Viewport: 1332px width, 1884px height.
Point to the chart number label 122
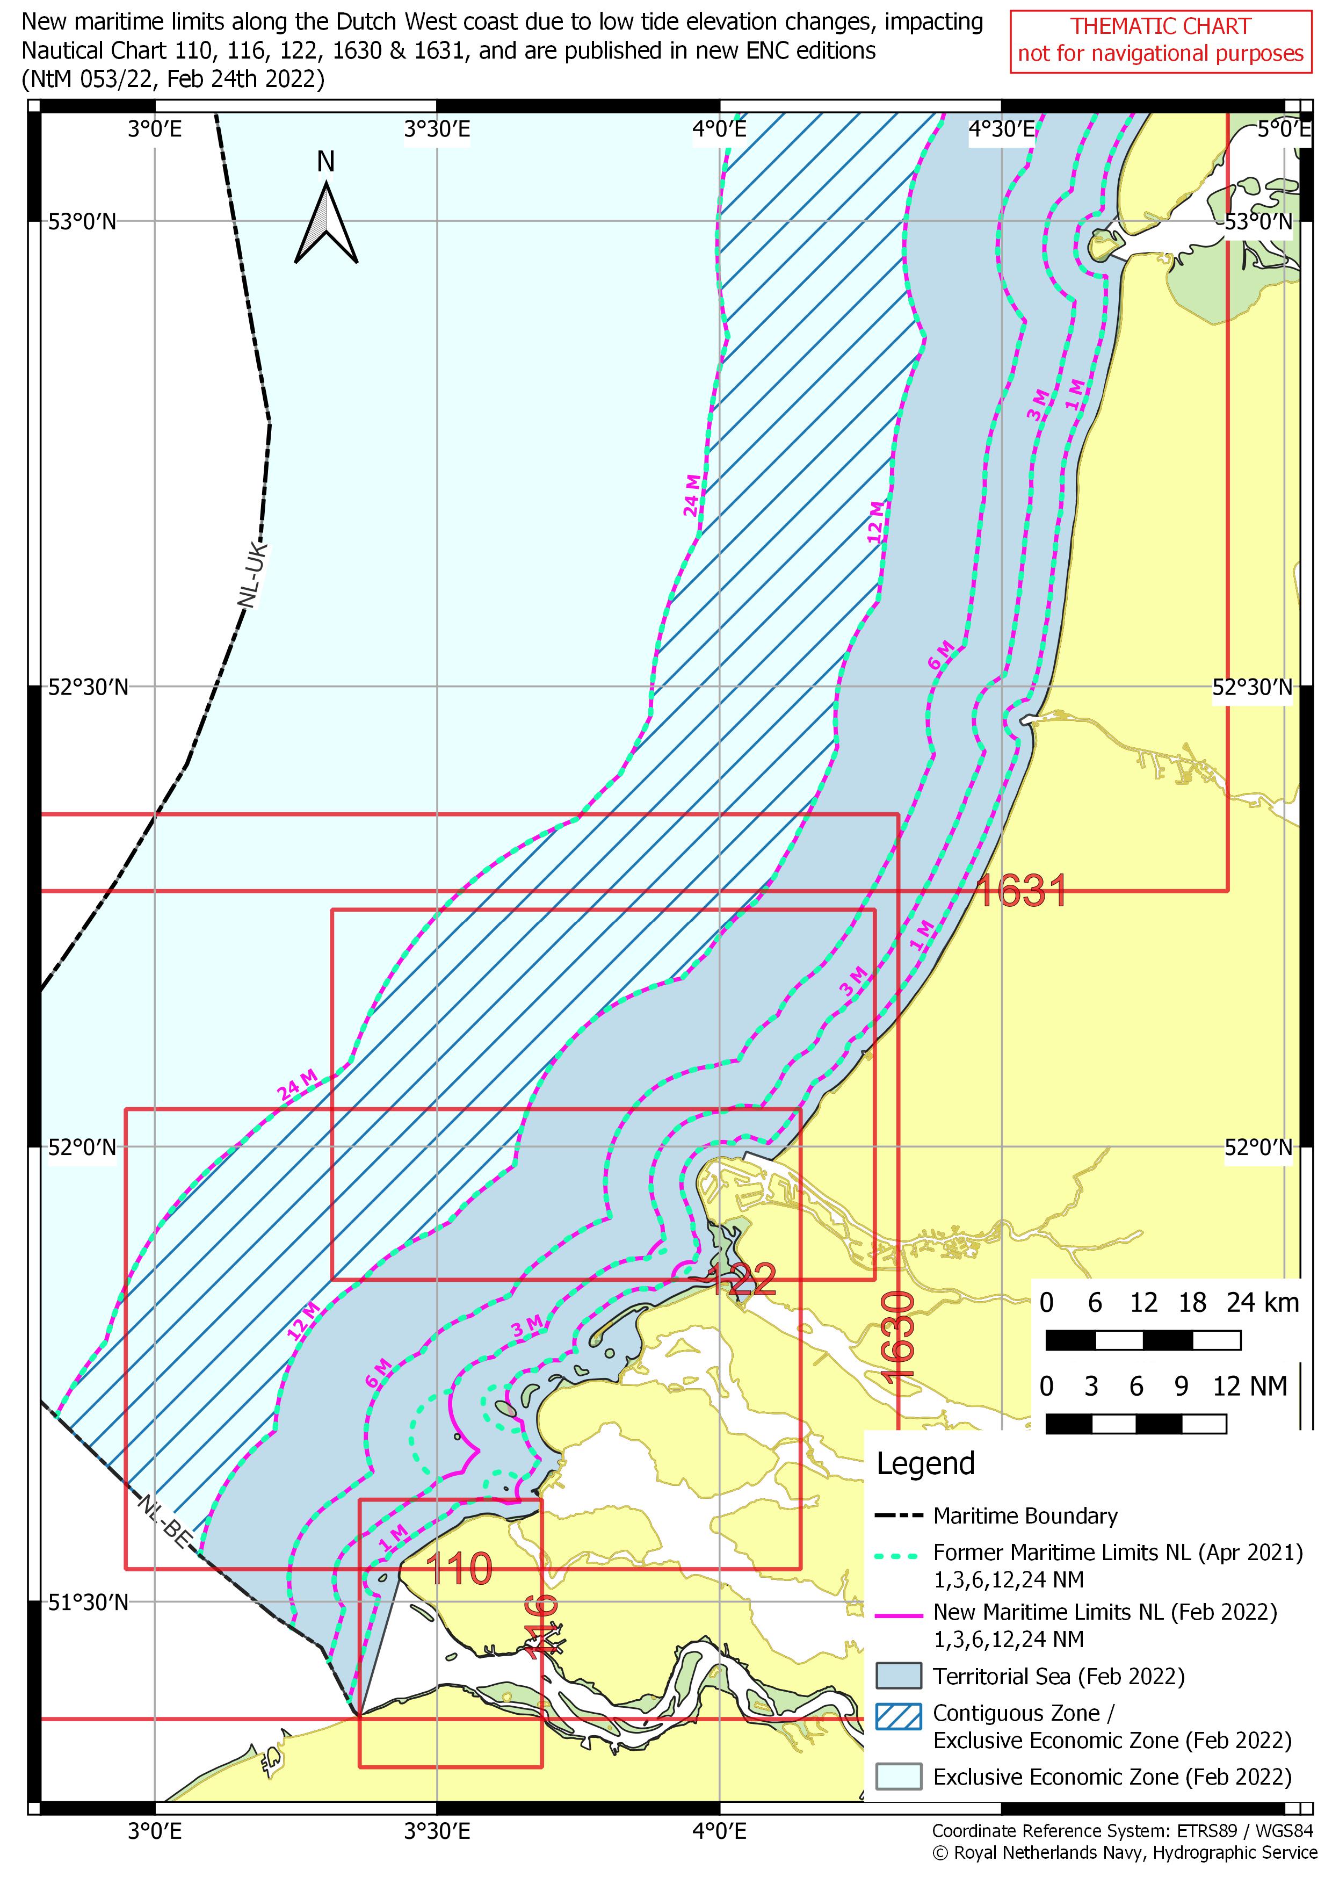742,1281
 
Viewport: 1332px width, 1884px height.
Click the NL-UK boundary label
252,574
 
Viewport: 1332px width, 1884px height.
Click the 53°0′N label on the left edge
82,221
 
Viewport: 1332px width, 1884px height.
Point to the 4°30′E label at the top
1002,129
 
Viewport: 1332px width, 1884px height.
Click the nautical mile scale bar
1136,1424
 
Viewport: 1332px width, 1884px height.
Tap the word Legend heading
925,1463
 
